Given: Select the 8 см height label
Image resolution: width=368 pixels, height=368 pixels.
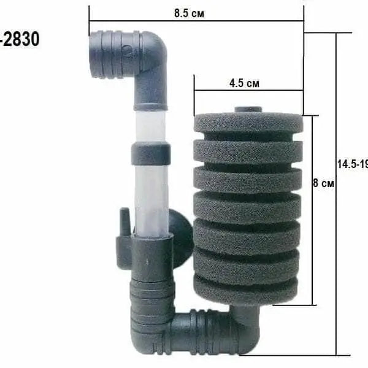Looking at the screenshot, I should coord(323,183).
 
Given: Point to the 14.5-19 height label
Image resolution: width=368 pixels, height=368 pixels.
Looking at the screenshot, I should coord(352,164).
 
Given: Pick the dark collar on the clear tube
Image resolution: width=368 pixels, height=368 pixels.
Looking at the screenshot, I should coord(151,153).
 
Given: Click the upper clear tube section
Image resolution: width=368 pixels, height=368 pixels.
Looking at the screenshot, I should coord(150,126).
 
